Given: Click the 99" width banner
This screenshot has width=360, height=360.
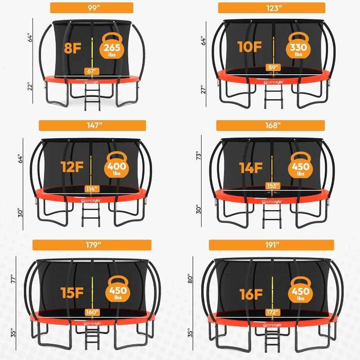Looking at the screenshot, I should point(91,8).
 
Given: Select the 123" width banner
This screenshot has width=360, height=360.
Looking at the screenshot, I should point(271,8).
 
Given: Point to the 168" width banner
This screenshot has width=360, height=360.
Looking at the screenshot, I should point(271,126).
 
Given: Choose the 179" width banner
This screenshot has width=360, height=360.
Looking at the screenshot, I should point(92,245).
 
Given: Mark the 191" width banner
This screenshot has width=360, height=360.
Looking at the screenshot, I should point(271,245).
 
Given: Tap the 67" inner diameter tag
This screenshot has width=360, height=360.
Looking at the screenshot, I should point(92,70).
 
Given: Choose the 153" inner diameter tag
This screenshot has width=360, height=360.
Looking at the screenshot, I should point(272,186).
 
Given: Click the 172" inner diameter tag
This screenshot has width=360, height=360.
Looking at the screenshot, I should point(272,312).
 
